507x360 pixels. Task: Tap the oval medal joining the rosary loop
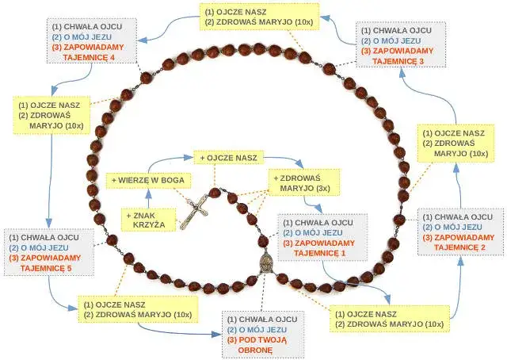tap(264, 264)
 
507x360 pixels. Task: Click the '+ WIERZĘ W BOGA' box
tap(148, 181)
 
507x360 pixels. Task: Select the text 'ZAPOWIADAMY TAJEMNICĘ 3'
tap(399, 56)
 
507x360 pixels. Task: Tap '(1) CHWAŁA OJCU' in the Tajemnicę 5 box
tap(44, 236)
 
